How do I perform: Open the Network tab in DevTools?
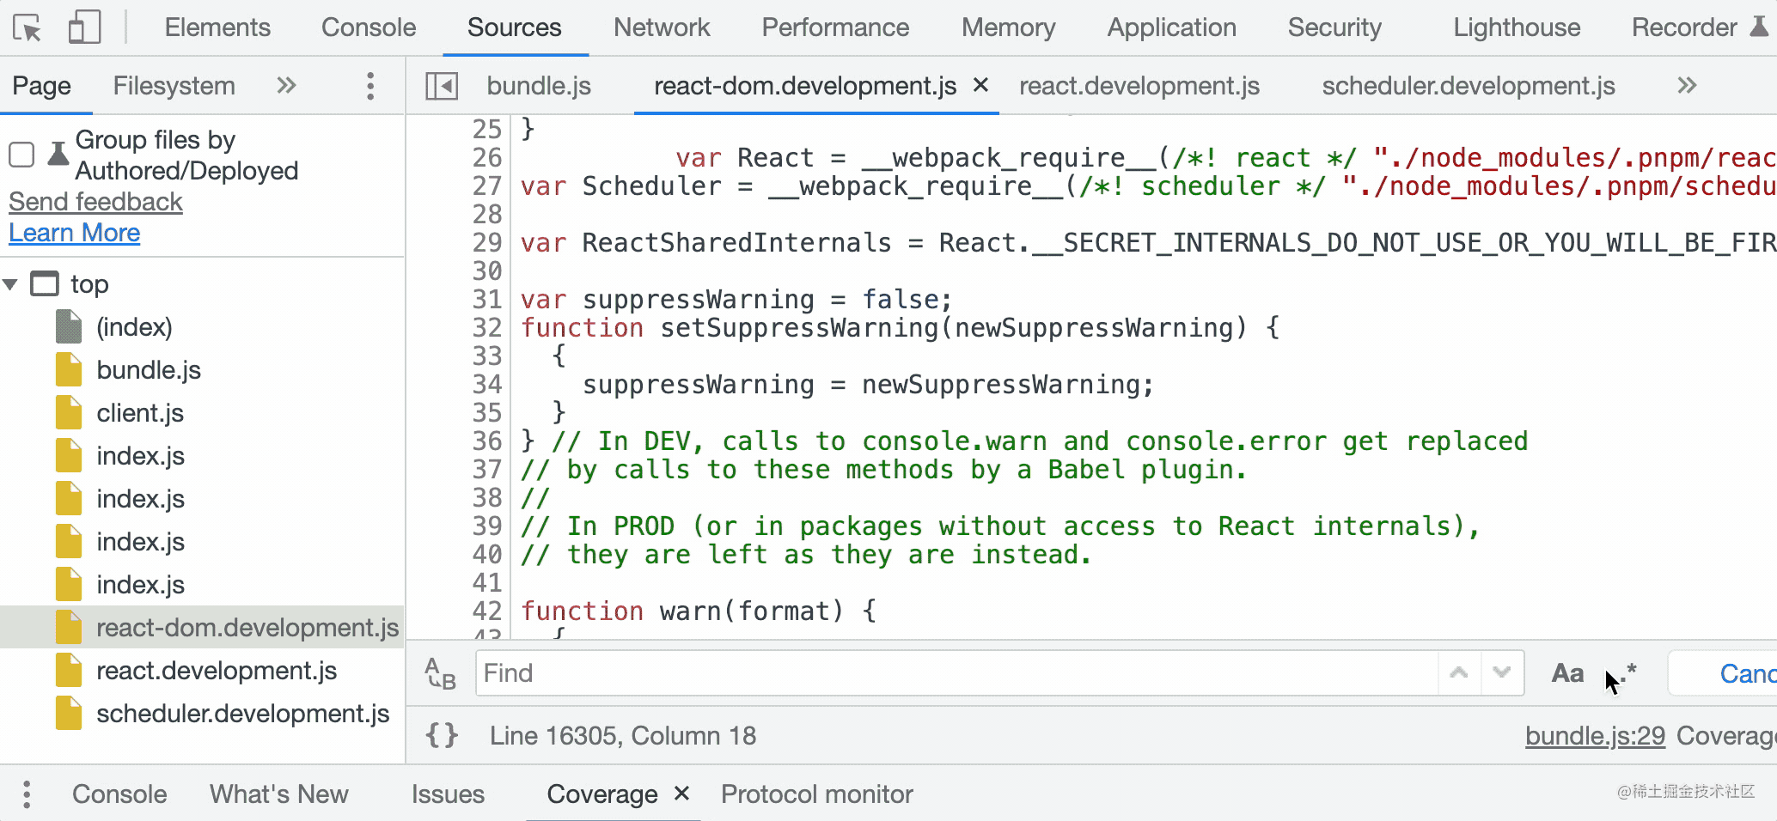click(661, 27)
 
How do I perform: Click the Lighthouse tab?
click(1516, 27)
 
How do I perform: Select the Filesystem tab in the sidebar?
click(174, 86)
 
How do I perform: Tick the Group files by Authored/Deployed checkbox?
click(21, 155)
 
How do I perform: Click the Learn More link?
click(75, 233)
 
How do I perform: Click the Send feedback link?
click(95, 202)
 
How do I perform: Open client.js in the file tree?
click(139, 413)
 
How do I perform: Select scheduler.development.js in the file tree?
click(242, 714)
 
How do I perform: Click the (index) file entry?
click(134, 327)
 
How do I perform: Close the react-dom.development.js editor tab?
click(980, 85)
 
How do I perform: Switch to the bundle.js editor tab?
click(539, 86)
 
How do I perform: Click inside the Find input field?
click(954, 672)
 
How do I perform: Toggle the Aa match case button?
click(1567, 673)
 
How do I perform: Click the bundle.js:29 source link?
click(1595, 736)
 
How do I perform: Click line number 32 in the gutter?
click(487, 328)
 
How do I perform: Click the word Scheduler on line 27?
click(651, 186)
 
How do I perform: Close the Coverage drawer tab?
click(681, 794)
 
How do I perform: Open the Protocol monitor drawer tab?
click(816, 794)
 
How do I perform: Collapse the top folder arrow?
click(11, 284)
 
